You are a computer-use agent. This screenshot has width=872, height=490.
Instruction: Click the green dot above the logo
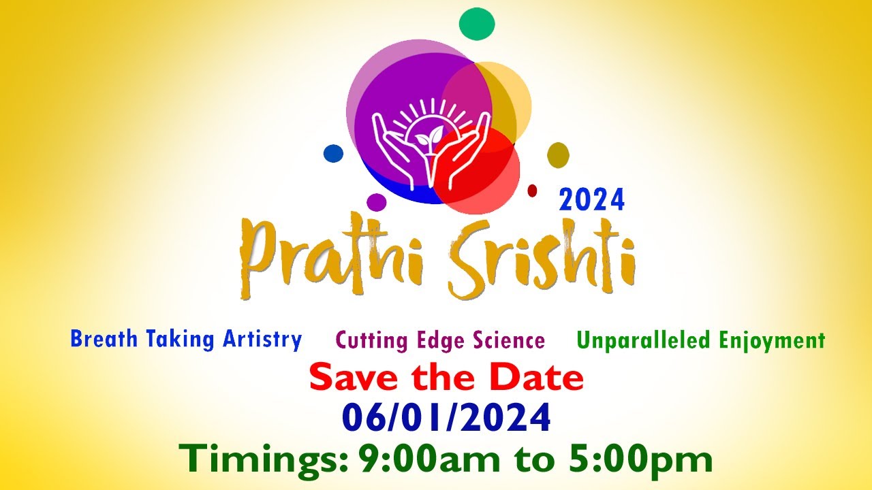tap(477, 23)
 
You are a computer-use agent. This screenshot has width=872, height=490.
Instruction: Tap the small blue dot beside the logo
tap(333, 153)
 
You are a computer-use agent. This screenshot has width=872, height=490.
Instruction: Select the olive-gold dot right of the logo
tap(558, 155)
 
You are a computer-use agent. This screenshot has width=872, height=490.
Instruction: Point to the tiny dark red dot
tap(533, 191)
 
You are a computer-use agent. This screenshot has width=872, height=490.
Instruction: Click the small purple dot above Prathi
tap(377, 202)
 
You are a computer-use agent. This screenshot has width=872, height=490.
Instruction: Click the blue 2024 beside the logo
tap(591, 200)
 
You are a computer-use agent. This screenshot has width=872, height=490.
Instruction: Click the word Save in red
tap(349, 378)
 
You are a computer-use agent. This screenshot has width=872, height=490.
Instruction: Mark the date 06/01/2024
tap(446, 418)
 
